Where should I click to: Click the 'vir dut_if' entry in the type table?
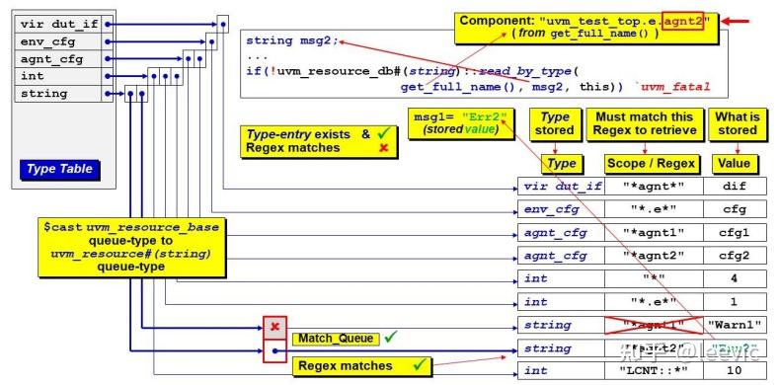(55, 25)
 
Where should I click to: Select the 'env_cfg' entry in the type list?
(55, 41)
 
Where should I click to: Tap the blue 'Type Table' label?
(60, 169)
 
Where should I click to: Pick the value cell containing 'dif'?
(734, 185)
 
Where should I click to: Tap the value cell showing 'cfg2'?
(734, 255)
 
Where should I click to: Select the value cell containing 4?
(734, 278)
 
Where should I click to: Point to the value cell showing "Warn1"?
(734, 325)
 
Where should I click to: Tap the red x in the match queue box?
(274, 327)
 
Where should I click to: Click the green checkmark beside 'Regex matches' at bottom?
(420, 365)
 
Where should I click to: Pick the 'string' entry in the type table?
(55, 94)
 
